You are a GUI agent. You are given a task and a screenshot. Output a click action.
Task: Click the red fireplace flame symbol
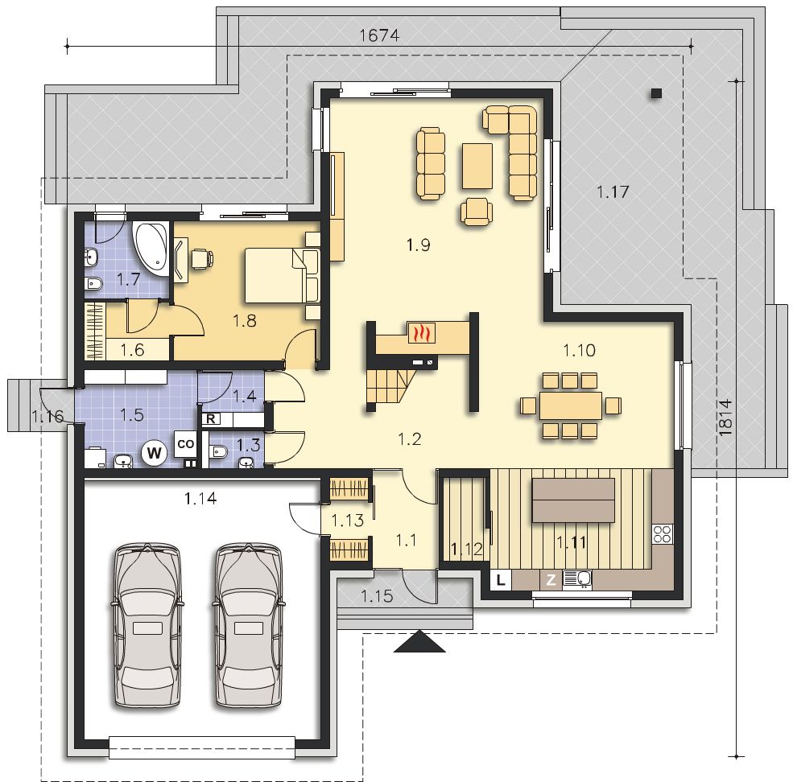tap(421, 333)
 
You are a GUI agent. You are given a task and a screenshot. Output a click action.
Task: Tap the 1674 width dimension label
tap(379, 35)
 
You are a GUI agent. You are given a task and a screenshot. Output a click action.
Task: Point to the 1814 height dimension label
tap(725, 418)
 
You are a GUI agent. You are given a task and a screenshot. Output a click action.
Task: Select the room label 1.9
tap(419, 245)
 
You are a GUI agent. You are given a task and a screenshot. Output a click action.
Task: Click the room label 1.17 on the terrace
tap(613, 192)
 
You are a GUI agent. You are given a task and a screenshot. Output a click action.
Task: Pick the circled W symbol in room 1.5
tap(155, 452)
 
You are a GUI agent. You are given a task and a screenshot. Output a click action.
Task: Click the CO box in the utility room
tap(186, 444)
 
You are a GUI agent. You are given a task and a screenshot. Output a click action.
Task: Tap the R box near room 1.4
tap(210, 418)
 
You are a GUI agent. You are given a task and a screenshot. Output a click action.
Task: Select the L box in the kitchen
tap(501, 580)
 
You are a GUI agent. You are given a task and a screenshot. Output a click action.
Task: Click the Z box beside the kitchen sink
tap(551, 580)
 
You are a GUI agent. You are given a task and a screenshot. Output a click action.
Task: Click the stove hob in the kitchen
tap(663, 533)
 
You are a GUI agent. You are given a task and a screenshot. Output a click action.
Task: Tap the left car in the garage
tap(147, 625)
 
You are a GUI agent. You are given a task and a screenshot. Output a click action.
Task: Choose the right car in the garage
tap(248, 625)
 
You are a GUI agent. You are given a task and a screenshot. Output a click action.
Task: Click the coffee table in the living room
tap(477, 166)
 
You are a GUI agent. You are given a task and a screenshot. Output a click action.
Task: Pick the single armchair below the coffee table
tap(477, 212)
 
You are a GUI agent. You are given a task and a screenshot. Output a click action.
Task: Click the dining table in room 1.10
tap(571, 405)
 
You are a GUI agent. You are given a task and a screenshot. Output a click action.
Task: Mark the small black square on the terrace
tap(656, 93)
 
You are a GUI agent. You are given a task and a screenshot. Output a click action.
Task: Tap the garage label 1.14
tap(200, 499)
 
